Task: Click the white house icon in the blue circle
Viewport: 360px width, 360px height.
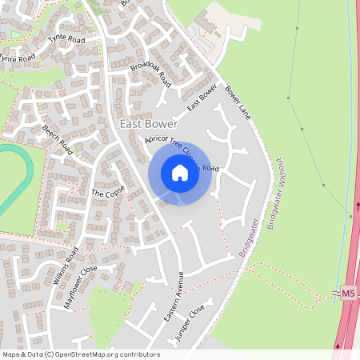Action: click(180, 173)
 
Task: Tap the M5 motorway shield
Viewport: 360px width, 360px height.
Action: click(347, 294)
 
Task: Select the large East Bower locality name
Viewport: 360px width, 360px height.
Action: click(149, 124)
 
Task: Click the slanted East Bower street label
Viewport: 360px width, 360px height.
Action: click(202, 97)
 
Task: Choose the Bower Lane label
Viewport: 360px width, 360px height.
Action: click(238, 102)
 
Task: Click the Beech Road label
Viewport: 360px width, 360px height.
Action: click(58, 139)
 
